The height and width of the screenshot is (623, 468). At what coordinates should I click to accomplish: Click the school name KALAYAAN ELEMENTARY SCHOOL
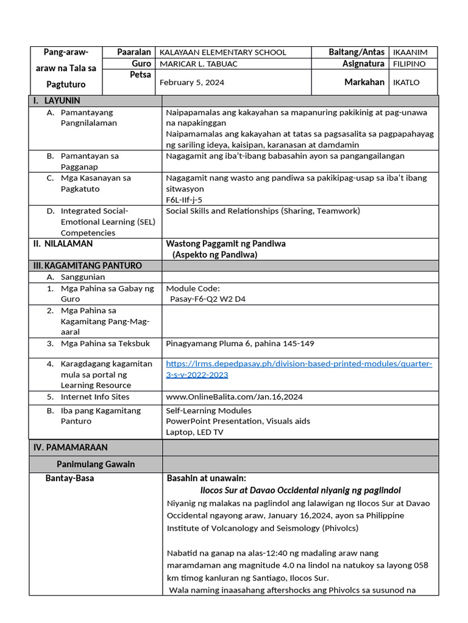(222, 52)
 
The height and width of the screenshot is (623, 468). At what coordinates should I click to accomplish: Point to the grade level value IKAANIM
(410, 52)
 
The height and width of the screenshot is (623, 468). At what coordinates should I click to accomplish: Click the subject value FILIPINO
(409, 64)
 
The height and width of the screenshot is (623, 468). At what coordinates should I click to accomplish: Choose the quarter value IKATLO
(406, 83)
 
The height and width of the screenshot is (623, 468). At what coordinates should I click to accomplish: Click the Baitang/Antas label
(356, 52)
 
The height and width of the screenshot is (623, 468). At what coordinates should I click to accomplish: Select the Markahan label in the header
(364, 82)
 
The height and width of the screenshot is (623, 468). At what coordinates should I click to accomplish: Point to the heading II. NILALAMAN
(63, 243)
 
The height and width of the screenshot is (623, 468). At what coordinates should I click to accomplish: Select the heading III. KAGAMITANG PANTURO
(87, 266)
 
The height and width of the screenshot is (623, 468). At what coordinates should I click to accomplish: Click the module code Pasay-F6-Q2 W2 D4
(208, 299)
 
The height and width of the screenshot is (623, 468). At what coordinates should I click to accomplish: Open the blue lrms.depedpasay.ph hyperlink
(299, 364)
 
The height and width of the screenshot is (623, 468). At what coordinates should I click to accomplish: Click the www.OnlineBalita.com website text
(234, 397)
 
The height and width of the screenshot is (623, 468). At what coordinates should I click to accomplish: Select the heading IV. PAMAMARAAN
(70, 447)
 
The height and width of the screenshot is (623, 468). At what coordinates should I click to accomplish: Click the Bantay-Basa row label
(69, 478)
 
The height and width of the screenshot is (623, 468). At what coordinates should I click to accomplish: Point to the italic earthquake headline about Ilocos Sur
(300, 490)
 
